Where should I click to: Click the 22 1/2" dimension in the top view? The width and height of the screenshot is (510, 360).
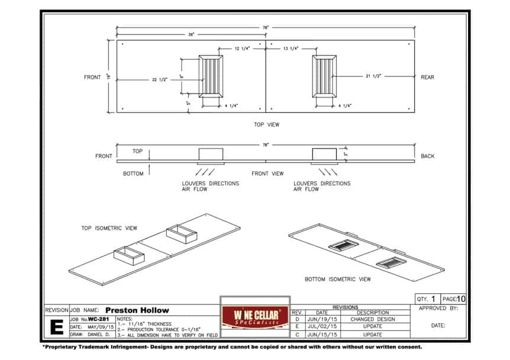[160, 80]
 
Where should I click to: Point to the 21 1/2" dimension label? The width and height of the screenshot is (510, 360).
[373, 76]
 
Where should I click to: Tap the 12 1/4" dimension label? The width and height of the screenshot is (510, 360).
[242, 48]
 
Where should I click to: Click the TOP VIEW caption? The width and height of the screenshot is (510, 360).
[266, 125]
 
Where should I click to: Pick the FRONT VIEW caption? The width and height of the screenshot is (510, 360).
[267, 174]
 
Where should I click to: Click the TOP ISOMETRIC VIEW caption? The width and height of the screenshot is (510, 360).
[109, 228]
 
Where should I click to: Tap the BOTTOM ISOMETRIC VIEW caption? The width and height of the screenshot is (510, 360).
[338, 279]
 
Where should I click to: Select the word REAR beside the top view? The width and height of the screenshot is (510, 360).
[427, 77]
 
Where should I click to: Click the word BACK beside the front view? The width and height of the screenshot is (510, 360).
[427, 156]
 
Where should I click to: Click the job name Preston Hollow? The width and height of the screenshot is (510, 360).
[137, 310]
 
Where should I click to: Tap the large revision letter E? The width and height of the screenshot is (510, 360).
[57, 327]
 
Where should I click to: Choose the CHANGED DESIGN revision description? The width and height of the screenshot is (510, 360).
[373, 319]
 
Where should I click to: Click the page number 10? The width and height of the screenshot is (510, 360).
[461, 299]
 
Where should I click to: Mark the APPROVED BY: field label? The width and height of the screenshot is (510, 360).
[438, 309]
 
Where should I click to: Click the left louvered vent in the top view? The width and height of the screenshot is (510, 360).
[211, 76]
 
